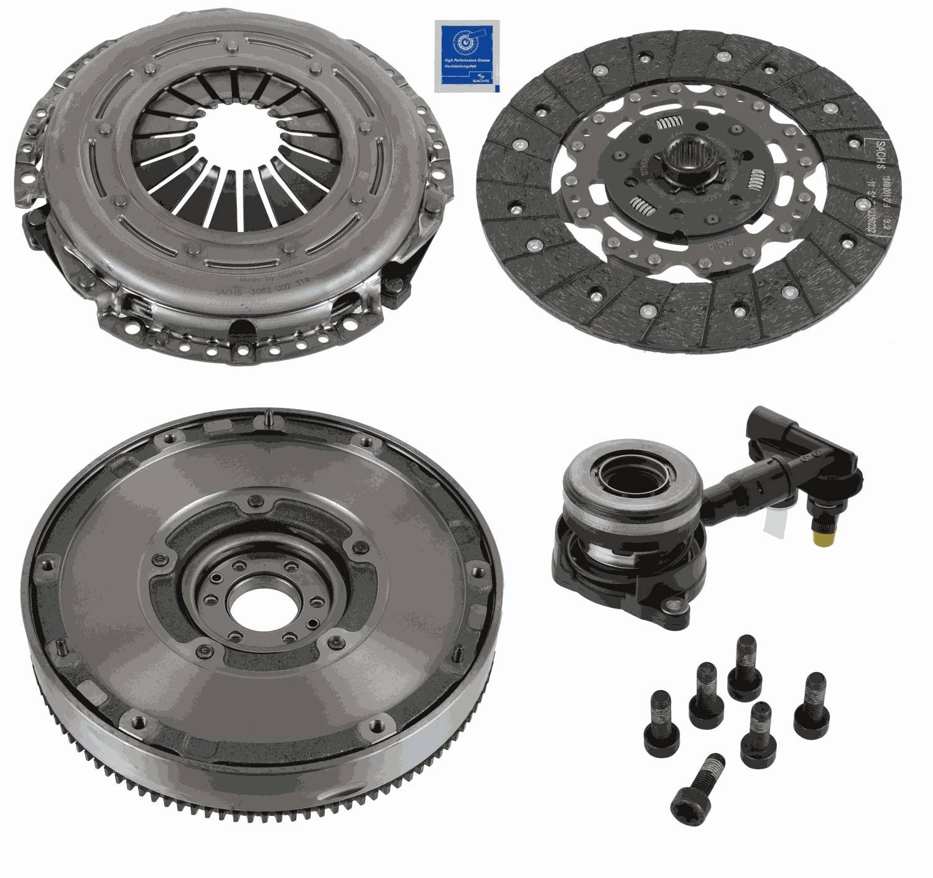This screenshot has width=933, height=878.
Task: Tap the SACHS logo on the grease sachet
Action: pos(480,79)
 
